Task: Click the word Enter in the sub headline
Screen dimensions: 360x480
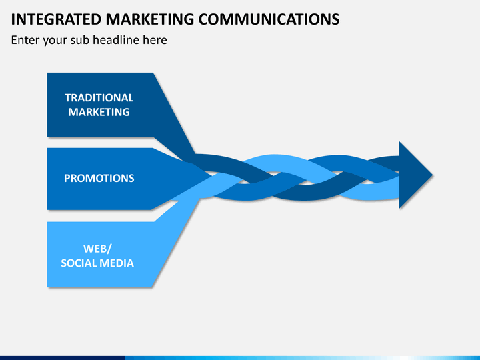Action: (26, 40)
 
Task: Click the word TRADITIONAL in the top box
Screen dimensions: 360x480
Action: (99, 97)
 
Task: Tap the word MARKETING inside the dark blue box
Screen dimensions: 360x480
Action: (99, 112)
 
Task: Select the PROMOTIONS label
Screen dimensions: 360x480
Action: (99, 178)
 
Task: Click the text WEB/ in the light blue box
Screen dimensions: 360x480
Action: (97, 249)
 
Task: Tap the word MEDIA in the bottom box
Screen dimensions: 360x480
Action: (118, 263)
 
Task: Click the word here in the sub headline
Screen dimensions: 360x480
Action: (154, 40)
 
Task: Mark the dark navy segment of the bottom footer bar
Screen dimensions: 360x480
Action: (60, 357)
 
